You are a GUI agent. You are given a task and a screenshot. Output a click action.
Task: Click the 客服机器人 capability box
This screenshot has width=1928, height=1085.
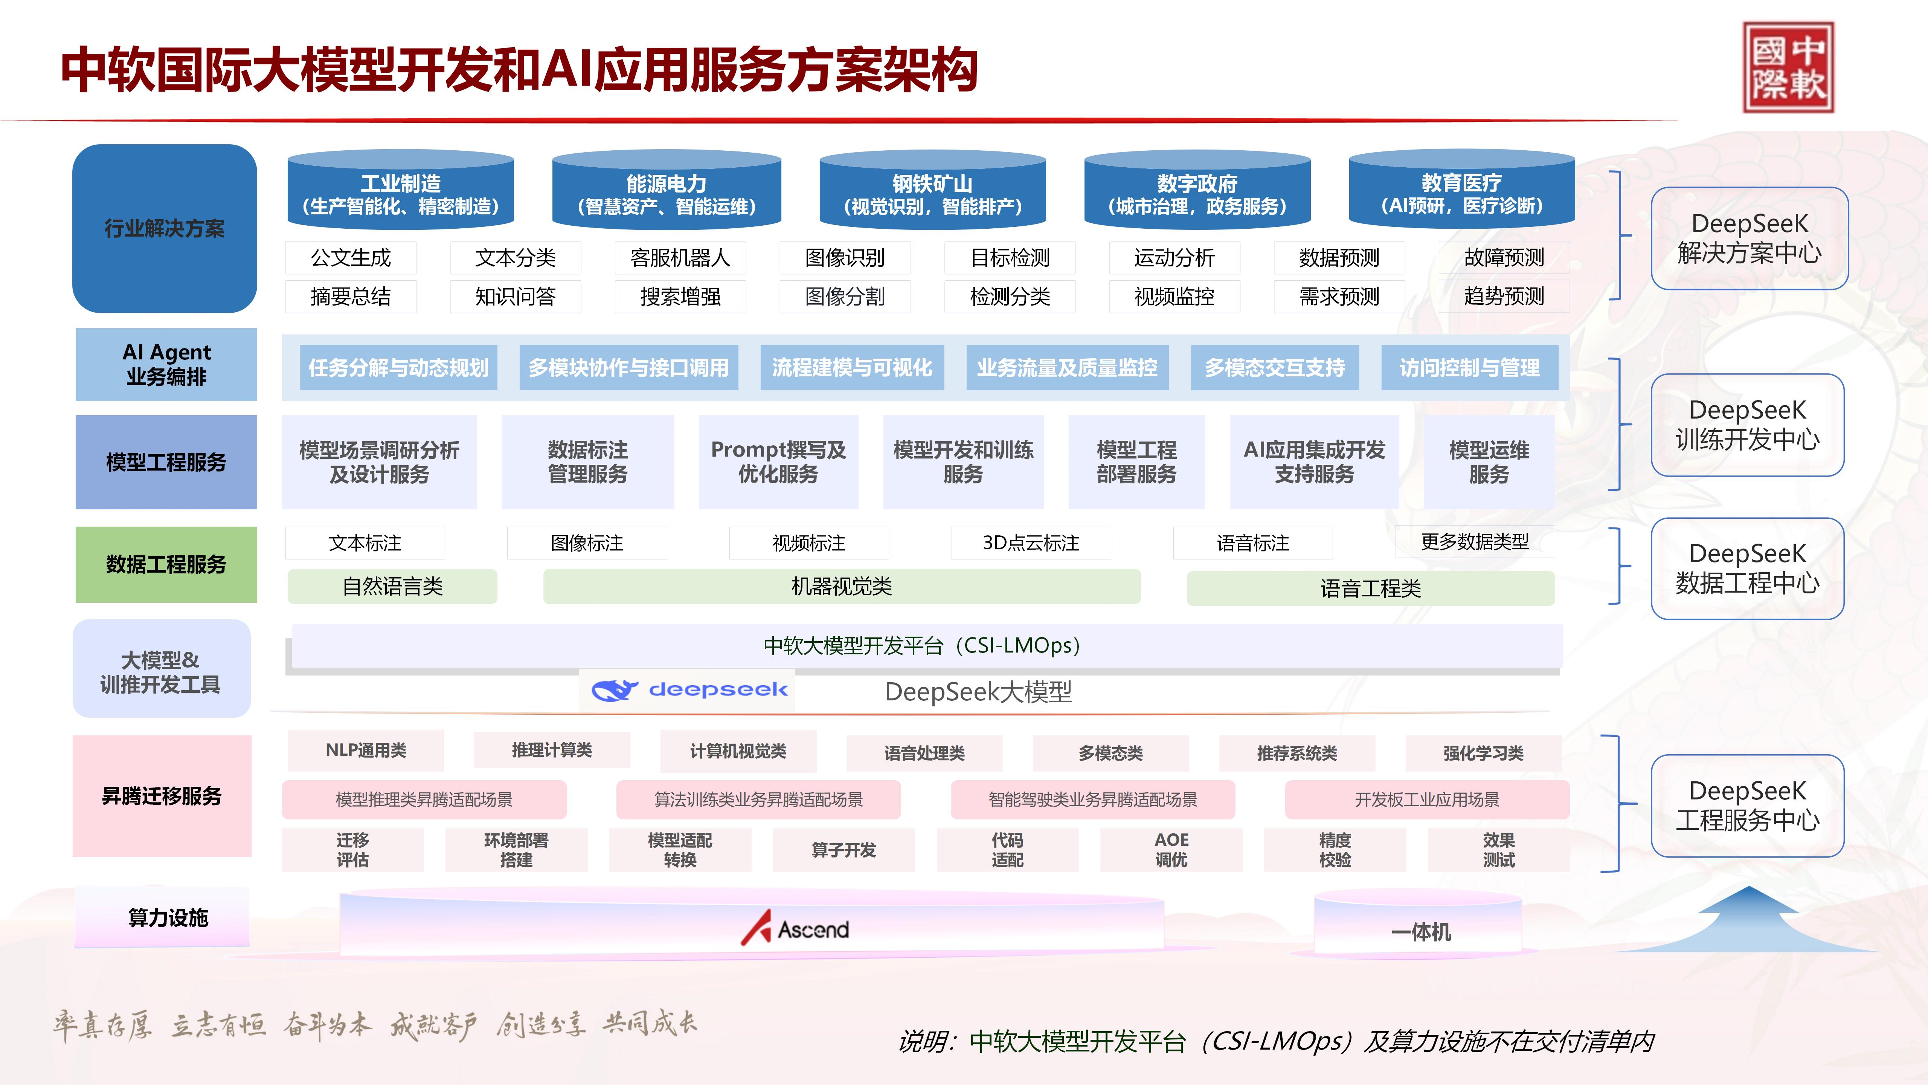click(x=680, y=258)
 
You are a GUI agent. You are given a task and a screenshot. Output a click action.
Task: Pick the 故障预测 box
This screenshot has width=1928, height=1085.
click(x=1504, y=258)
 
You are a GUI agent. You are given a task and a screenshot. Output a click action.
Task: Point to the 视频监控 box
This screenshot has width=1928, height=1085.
click(x=1174, y=297)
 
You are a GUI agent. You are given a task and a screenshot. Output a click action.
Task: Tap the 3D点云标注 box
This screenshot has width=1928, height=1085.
click(x=1031, y=543)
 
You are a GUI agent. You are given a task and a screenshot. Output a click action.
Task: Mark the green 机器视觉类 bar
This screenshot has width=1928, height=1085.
click(x=841, y=586)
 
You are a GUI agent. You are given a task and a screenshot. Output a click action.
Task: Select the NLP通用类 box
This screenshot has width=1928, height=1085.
click(x=365, y=750)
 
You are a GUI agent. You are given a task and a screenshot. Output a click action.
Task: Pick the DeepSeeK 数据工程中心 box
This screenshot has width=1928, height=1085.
click(x=1747, y=568)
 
